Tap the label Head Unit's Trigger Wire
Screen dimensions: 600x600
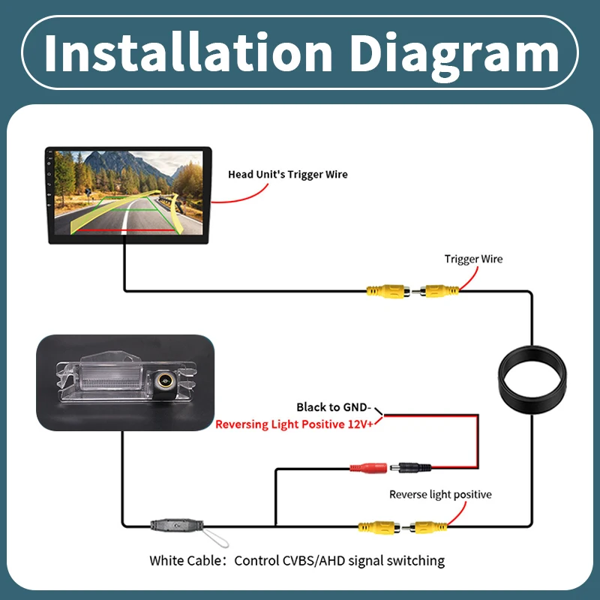click(288, 175)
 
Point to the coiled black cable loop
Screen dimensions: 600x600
click(532, 381)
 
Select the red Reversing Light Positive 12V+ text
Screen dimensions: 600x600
click(295, 424)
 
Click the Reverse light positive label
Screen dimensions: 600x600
click(440, 494)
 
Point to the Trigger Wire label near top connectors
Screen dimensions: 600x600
click(473, 259)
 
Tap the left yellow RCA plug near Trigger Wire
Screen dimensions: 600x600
click(386, 290)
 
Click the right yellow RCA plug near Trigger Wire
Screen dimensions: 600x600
click(439, 290)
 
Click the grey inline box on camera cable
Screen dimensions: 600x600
click(178, 525)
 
